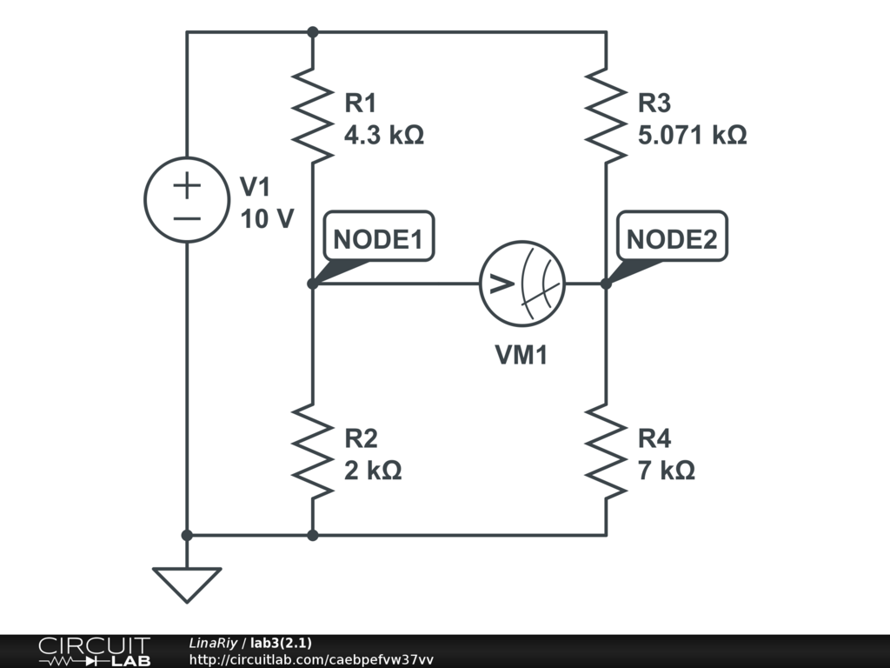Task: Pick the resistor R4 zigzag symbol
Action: click(606, 452)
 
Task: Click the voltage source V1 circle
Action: click(187, 199)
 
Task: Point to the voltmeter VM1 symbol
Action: click(522, 284)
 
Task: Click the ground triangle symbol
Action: click(187, 583)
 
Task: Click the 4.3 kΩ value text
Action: click(384, 136)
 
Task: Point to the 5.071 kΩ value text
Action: click(692, 136)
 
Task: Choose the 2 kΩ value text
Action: click(373, 471)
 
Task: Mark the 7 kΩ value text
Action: click(666, 471)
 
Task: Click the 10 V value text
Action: click(267, 219)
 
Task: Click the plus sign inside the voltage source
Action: click(187, 184)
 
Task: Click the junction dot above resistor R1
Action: click(313, 32)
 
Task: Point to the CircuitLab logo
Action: click(94, 651)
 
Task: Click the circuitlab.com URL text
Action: click(310, 660)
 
